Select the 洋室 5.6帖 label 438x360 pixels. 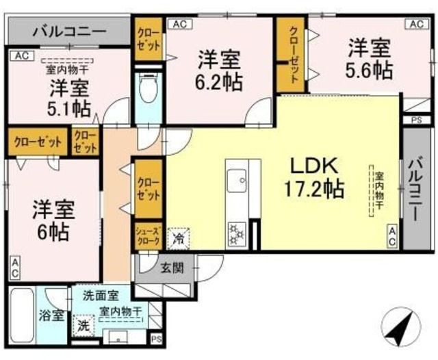pyautogui.click(x=369, y=59)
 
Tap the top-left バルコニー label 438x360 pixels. pyautogui.click(x=68, y=31)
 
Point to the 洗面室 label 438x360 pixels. pyautogui.click(x=101, y=296)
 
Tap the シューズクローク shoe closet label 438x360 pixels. pyautogui.click(x=148, y=236)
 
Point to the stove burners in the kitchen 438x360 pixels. pyautogui.click(x=237, y=233)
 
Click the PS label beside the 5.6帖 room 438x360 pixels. pyautogui.click(x=416, y=120)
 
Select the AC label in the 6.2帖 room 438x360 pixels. pyautogui.click(x=179, y=24)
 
